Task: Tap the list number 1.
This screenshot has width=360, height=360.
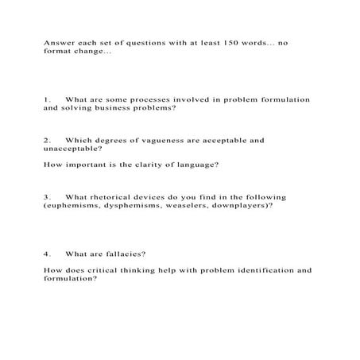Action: pyautogui.click(x=47, y=99)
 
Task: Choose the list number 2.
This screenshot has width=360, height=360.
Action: pyautogui.click(x=47, y=140)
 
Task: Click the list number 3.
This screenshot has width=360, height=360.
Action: pyautogui.click(x=47, y=197)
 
